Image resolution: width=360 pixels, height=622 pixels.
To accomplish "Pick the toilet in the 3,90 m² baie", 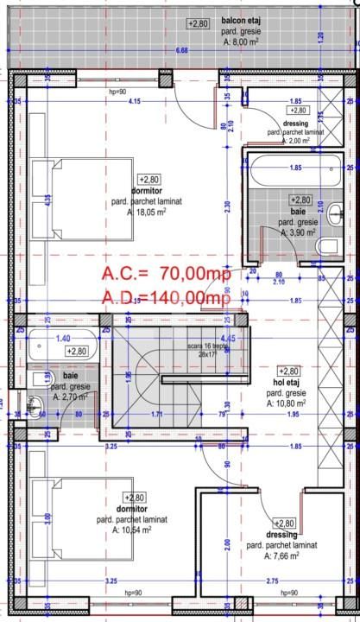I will (330, 248).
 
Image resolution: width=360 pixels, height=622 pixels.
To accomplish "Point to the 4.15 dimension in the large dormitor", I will (134, 102).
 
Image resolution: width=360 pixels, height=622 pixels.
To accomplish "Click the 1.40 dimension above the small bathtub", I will (62, 340).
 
